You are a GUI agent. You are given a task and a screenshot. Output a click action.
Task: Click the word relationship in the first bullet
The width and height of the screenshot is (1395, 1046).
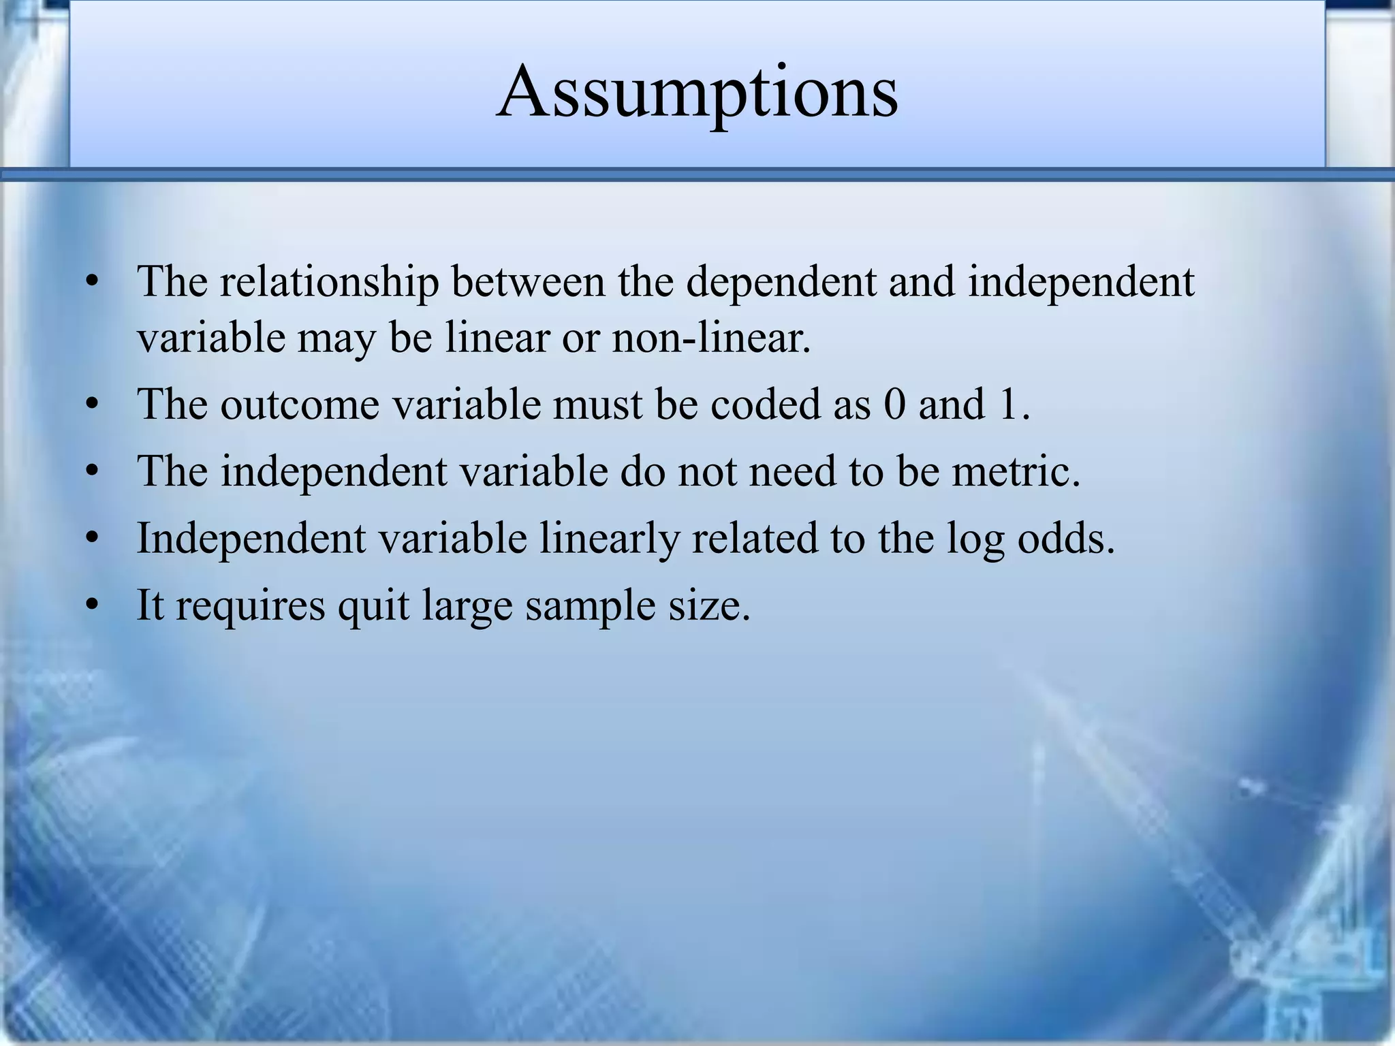329,281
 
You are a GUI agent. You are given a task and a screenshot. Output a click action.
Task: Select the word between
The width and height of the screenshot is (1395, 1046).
528,281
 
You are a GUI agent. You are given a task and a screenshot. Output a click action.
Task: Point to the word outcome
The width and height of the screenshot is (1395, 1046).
300,404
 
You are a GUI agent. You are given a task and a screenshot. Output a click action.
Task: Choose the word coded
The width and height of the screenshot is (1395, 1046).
766,404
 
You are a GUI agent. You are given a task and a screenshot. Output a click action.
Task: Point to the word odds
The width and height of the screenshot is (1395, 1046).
1066,538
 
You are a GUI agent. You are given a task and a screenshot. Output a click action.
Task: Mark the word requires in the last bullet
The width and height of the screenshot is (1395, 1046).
251,605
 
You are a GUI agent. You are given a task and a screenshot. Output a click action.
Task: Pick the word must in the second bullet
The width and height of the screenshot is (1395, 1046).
599,404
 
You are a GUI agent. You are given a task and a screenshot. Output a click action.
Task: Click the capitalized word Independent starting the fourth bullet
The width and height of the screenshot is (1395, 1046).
251,538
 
